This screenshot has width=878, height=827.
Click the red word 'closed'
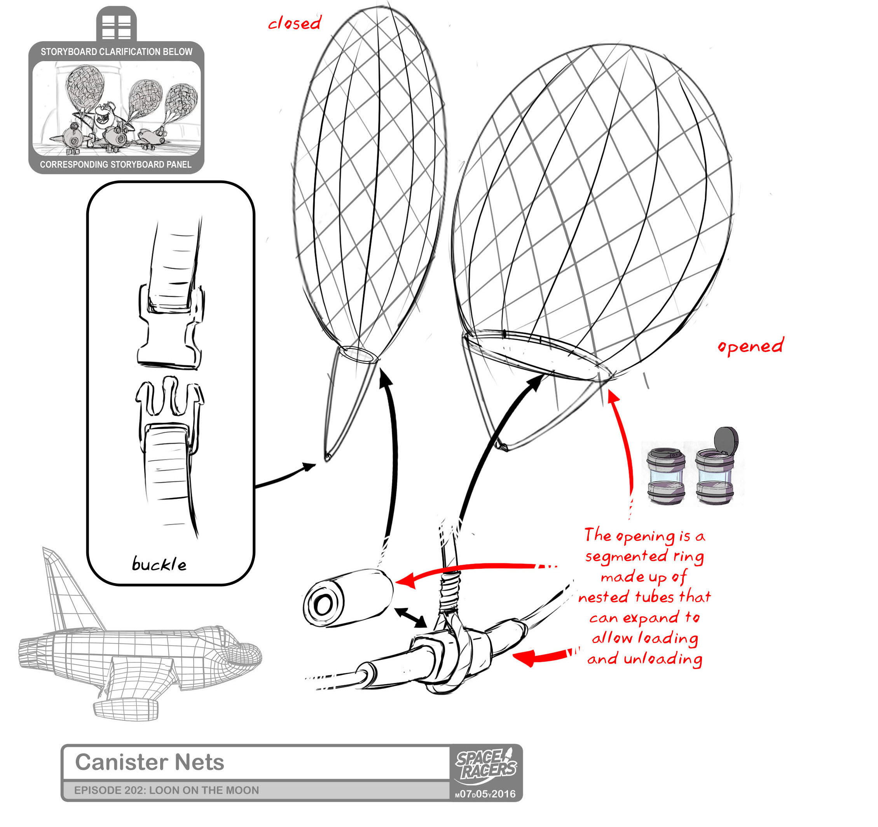[294, 23]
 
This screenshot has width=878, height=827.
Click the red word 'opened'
[751, 346]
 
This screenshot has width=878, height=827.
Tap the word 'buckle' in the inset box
[159, 564]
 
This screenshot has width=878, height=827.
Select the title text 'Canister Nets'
[150, 762]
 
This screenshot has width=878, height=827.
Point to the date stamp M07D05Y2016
[485, 794]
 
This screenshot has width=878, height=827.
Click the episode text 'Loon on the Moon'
[204, 790]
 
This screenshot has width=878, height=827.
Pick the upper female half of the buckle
[170, 327]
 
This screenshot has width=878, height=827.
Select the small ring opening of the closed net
[358, 354]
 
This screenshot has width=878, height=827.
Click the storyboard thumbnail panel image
[117, 108]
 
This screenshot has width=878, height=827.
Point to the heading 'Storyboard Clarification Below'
[117, 52]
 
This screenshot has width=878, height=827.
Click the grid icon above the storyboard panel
[117, 27]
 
